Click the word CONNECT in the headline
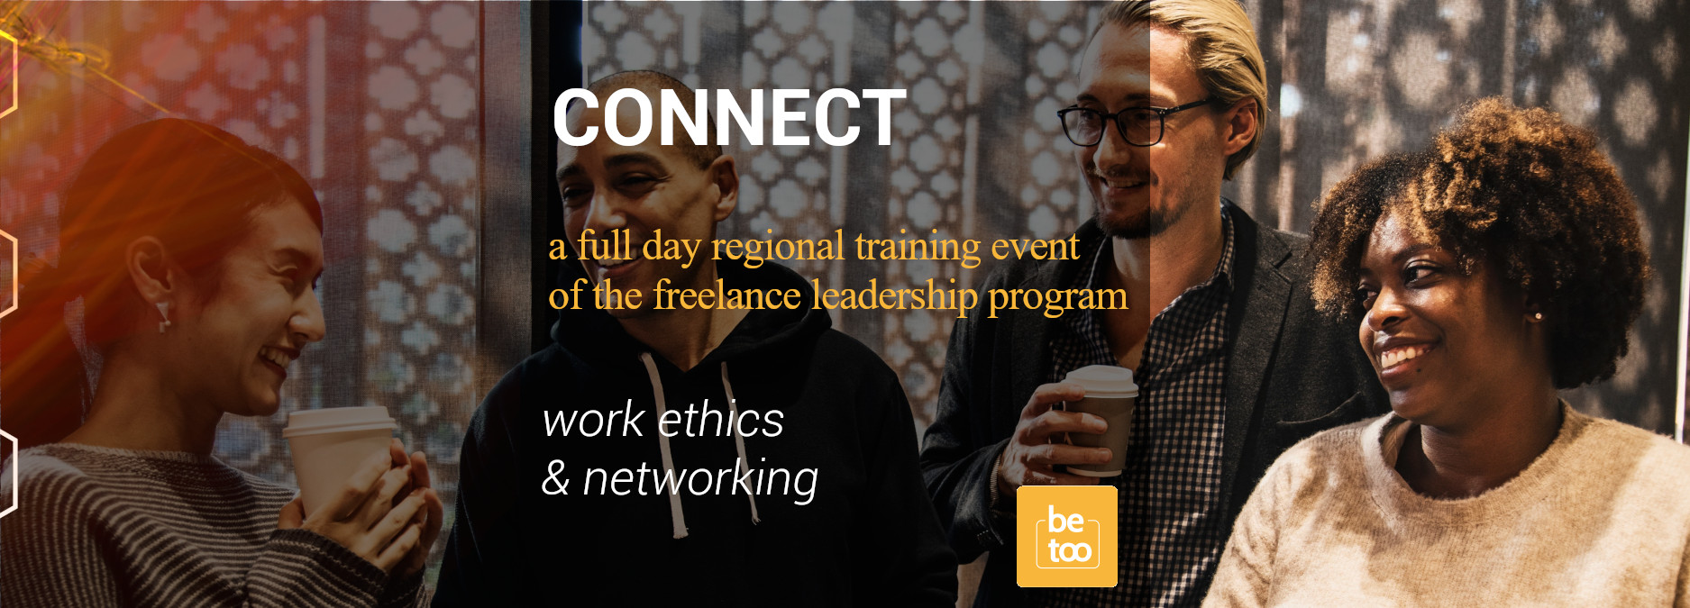pyautogui.click(x=728, y=118)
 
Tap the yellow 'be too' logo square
pyautogui.click(x=1067, y=536)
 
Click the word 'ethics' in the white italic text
pyautogui.click(x=720, y=420)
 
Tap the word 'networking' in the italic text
pyautogui.click(x=700, y=479)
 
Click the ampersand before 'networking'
pyautogui.click(x=556, y=478)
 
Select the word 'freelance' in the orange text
pyautogui.click(x=726, y=295)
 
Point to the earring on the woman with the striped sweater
pyautogui.click(x=163, y=316)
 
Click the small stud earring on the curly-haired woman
pyautogui.click(x=1538, y=316)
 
